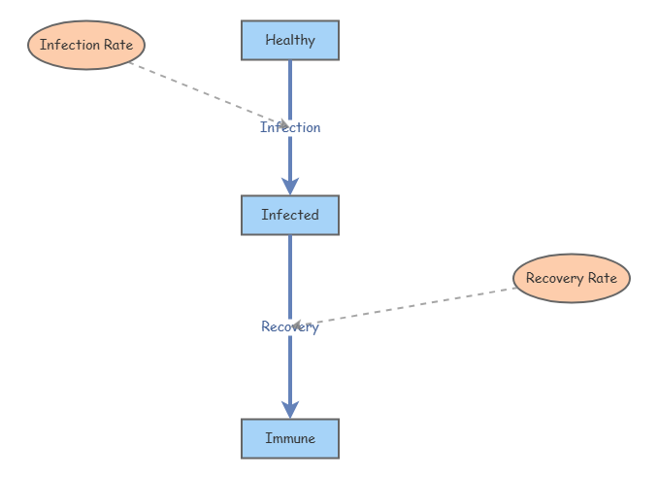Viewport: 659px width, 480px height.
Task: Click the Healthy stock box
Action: point(290,40)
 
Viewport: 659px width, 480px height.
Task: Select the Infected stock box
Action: point(290,215)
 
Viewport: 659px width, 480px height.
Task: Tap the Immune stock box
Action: point(290,438)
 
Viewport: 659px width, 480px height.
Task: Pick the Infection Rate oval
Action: point(86,45)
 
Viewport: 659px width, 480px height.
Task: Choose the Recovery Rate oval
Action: point(572,278)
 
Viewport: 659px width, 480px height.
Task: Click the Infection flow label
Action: point(290,127)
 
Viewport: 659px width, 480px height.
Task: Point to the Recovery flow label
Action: point(290,326)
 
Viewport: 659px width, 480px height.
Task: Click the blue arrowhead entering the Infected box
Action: point(290,187)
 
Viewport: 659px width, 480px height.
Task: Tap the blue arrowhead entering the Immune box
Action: point(290,410)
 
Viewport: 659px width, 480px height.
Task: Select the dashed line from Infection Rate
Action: point(209,93)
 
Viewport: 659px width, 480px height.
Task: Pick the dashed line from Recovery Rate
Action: point(405,307)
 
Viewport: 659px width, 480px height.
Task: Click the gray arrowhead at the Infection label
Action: point(285,123)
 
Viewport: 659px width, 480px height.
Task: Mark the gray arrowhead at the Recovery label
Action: point(296,326)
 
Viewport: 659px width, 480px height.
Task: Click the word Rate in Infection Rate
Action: point(118,45)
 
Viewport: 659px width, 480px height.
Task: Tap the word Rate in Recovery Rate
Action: point(603,278)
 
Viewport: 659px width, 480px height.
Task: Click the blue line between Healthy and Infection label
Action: point(290,90)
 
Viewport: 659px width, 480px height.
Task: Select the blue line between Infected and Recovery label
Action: point(290,277)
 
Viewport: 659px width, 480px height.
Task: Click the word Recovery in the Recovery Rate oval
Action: point(555,279)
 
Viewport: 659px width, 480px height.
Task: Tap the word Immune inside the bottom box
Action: point(290,438)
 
